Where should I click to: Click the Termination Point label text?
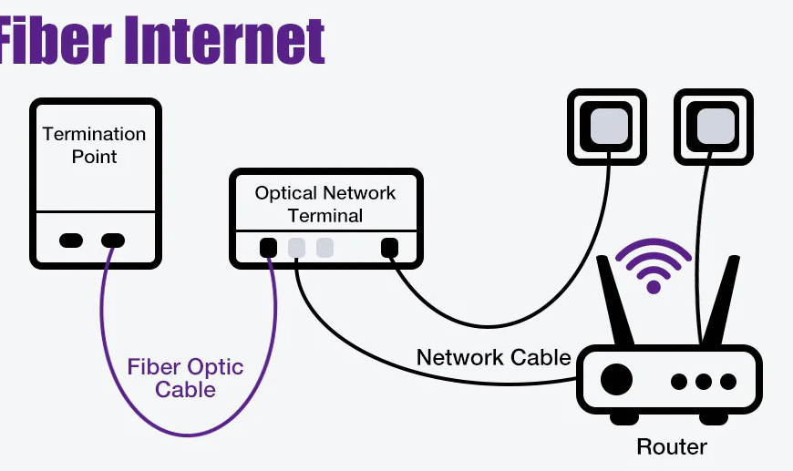[94, 145]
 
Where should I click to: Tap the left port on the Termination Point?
[71, 241]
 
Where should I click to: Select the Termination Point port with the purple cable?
[113, 241]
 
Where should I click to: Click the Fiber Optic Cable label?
[185, 378]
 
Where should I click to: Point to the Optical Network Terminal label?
[325, 204]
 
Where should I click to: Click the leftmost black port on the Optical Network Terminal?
[268, 247]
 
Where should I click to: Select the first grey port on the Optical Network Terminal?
[296, 247]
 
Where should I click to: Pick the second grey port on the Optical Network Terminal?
[324, 247]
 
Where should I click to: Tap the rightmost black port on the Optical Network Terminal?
[390, 247]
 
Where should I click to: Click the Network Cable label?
[493, 357]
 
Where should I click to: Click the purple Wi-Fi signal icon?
[653, 266]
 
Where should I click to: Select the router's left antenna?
[613, 301]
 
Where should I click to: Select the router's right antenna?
[724, 301]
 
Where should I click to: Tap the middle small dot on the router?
[703, 381]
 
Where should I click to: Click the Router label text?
[671, 446]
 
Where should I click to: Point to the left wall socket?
[607, 127]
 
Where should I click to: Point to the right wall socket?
[713, 127]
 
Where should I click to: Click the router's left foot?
[624, 418]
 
